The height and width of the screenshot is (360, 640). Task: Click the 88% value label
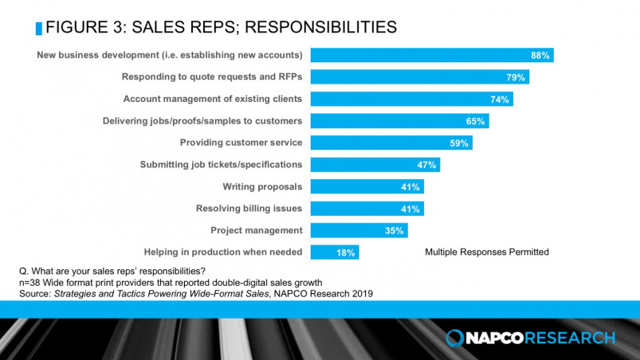coord(540,55)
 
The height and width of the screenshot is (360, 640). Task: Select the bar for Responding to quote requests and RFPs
coord(419,77)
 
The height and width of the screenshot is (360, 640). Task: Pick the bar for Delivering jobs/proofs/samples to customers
coord(399,121)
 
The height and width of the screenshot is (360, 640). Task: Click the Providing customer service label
coord(241,143)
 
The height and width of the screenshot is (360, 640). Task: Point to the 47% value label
coord(427,165)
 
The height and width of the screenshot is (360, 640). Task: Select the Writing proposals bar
coord(367,186)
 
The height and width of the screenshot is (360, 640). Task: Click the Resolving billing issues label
coord(249,209)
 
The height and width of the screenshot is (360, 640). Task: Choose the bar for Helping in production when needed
coord(335,252)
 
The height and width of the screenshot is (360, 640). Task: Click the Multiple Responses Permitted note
coord(487,252)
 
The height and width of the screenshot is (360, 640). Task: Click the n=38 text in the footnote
coord(30,282)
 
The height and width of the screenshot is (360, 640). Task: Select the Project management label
coord(256,230)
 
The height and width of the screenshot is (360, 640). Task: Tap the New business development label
coord(170,55)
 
